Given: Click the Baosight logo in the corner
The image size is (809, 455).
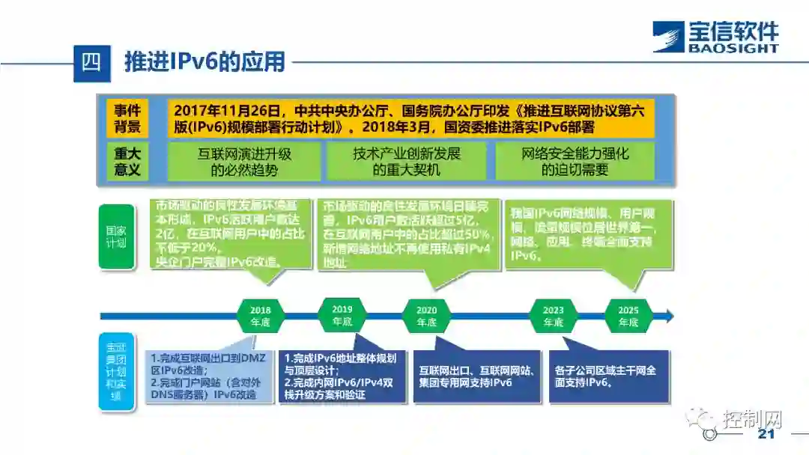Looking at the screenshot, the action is [x=715, y=37].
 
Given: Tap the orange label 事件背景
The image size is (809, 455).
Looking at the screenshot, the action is [x=127, y=117].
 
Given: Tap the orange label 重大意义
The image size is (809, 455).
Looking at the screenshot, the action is [x=127, y=161].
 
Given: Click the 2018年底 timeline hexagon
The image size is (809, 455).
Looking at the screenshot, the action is [x=261, y=315].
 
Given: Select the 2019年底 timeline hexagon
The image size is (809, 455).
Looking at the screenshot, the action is [x=342, y=315].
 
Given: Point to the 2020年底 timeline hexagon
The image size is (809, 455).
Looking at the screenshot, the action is [x=426, y=315].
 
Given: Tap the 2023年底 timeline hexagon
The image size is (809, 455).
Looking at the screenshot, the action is [x=554, y=315].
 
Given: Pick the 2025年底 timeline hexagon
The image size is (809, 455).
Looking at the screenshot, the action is [x=628, y=315].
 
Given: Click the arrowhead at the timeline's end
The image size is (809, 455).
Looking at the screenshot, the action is [x=668, y=315].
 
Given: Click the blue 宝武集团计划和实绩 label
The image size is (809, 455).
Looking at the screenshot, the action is [x=116, y=372].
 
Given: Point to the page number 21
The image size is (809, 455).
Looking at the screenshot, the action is [x=766, y=435].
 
